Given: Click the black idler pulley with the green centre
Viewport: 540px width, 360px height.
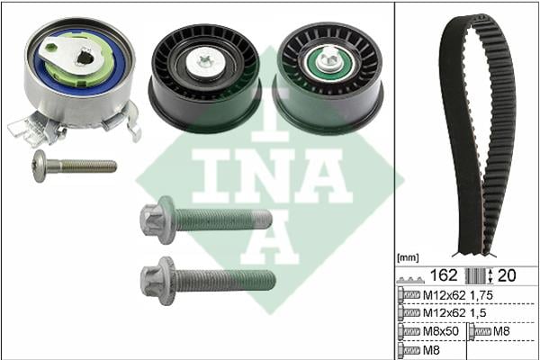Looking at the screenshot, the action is [x=328, y=78].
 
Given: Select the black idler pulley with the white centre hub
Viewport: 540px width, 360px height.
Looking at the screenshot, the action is [x=204, y=78].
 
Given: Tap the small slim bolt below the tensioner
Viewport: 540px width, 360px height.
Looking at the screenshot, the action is [x=74, y=166].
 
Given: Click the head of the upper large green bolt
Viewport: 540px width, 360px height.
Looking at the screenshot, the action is [x=157, y=220].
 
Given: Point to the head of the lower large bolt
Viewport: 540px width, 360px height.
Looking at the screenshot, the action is [x=157, y=281].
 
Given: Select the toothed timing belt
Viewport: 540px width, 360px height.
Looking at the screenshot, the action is [x=478, y=134].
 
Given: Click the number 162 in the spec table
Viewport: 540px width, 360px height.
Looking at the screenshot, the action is [x=444, y=275].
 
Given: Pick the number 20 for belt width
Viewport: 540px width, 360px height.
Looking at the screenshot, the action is [x=507, y=275].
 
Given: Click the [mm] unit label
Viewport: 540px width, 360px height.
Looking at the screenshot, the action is [x=408, y=257].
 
